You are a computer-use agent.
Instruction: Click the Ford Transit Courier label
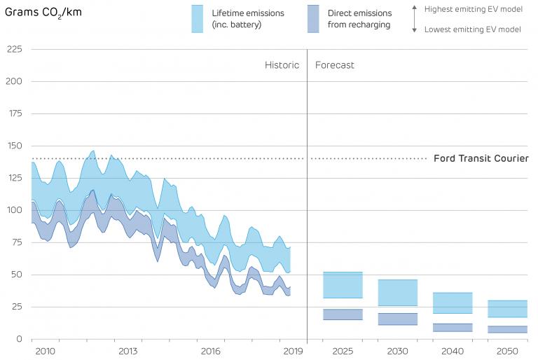click(481, 158)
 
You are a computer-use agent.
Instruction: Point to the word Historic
click(282, 65)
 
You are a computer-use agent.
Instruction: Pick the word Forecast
click(335, 65)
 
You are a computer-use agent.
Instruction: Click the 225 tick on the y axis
click(14, 50)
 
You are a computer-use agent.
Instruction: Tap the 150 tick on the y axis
click(14, 146)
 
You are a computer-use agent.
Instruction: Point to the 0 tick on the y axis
click(20, 339)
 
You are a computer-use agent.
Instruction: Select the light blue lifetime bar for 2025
click(343, 285)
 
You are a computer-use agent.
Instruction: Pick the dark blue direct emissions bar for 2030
click(398, 319)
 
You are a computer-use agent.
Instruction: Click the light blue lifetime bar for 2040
click(453, 303)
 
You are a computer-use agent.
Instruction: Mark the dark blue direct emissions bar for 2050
click(508, 329)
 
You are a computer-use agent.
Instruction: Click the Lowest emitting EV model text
click(473, 29)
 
